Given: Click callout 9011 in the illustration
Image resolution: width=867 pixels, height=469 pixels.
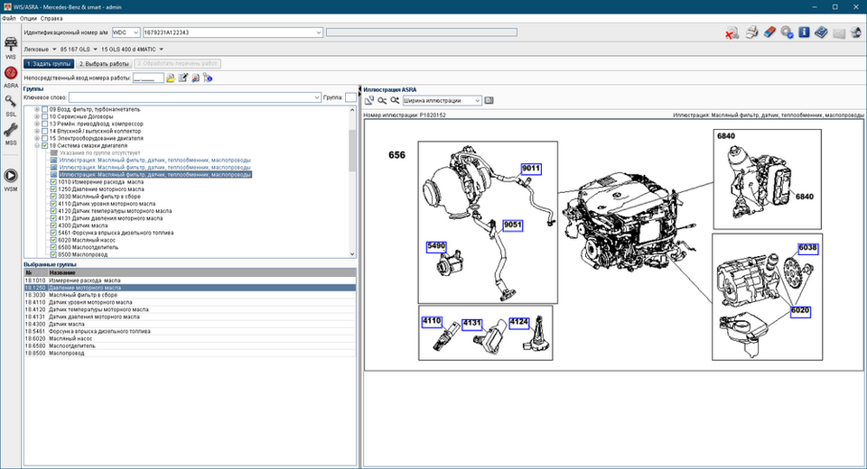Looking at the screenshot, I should click(x=531, y=169).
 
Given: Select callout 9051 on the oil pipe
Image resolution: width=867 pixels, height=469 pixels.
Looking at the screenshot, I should click(x=513, y=225).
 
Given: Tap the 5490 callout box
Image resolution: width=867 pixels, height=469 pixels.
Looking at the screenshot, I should click(x=437, y=245).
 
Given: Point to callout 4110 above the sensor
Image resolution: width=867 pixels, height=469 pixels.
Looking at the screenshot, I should click(x=431, y=321).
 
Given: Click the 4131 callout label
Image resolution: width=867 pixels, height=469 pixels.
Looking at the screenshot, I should click(x=472, y=321).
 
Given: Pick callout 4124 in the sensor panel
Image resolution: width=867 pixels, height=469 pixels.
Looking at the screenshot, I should click(x=518, y=321).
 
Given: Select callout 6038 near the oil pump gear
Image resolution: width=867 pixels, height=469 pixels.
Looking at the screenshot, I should click(x=806, y=248).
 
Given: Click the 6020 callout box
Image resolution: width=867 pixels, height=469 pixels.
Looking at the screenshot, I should click(x=800, y=310).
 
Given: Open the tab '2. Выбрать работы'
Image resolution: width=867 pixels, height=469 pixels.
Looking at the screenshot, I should click(x=104, y=64).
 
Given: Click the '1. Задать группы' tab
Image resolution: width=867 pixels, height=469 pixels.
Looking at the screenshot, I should click(x=49, y=64).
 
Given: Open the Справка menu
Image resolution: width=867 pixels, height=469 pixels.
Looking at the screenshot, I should click(x=51, y=18).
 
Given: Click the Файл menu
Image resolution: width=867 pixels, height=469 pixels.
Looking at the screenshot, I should click(x=8, y=18).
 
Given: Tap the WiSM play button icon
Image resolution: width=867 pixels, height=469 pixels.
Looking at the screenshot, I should click(x=11, y=176).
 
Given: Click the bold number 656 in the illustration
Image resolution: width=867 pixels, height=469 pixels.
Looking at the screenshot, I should click(x=397, y=155).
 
